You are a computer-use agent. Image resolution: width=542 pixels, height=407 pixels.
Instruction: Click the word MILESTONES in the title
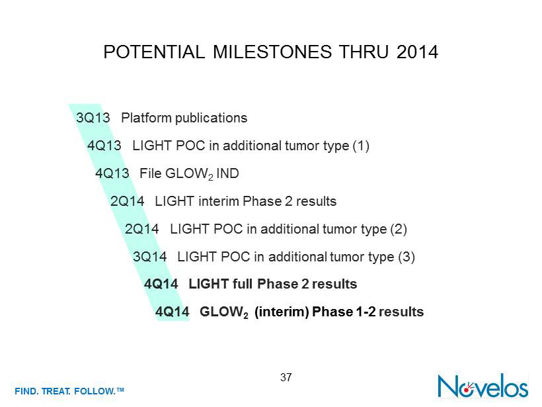(272, 52)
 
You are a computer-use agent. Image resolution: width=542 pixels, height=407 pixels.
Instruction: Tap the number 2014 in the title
(417, 52)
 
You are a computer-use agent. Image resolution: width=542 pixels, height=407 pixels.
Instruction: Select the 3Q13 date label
(93, 118)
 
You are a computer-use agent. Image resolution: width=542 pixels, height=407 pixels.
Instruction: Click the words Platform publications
(184, 118)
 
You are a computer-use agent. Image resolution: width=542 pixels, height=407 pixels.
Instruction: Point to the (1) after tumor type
(361, 146)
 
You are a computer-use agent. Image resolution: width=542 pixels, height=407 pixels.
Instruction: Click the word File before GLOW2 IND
(150, 173)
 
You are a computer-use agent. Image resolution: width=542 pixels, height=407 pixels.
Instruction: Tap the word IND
(227, 173)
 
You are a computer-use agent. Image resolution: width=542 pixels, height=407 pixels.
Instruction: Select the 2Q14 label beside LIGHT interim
(127, 201)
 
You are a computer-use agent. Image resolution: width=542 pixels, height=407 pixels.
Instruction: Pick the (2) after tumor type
(399, 229)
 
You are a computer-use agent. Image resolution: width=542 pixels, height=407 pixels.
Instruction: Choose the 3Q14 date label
(149, 257)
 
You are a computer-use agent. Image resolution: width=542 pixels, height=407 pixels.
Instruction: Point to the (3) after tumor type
(406, 257)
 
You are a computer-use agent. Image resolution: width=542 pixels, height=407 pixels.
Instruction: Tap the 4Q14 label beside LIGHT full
(161, 284)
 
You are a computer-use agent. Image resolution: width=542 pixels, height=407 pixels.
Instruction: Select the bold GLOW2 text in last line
(224, 312)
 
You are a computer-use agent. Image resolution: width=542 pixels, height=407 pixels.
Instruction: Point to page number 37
(286, 377)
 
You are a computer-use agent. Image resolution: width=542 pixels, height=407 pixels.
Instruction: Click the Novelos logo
(483, 386)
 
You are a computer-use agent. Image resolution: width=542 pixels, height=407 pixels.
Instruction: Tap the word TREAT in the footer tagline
(56, 391)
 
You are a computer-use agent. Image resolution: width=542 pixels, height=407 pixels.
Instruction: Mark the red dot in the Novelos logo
(467, 390)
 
